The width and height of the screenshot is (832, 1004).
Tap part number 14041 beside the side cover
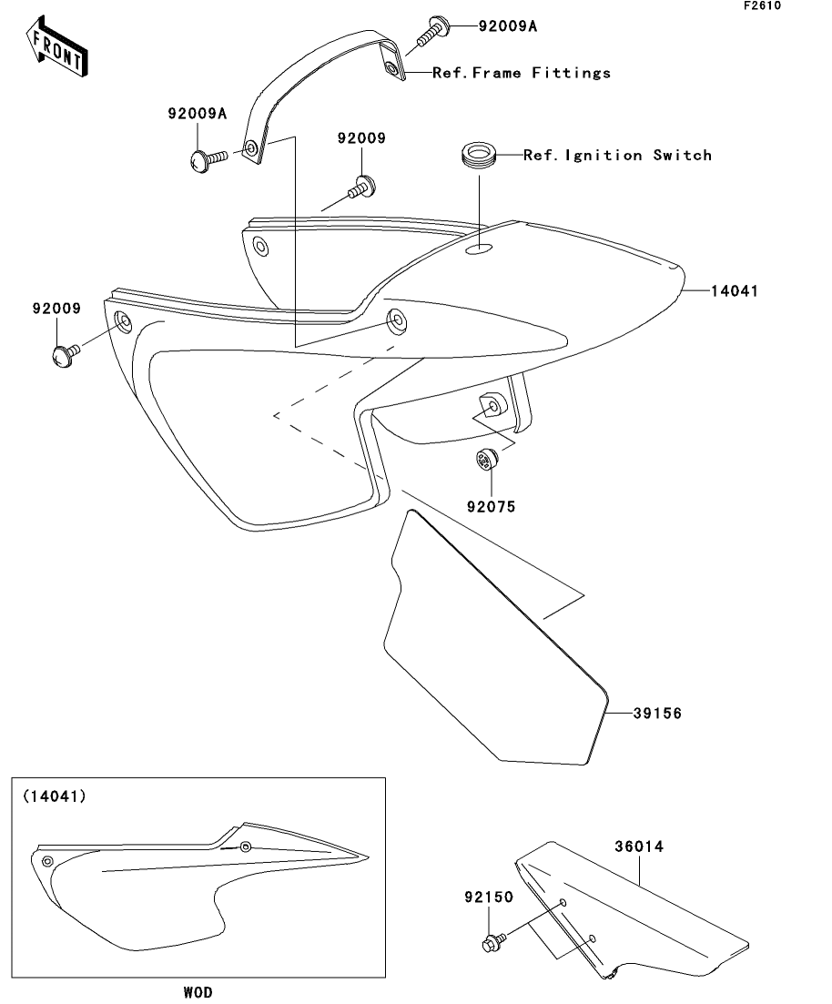(x=736, y=291)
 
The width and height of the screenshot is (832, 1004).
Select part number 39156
(x=657, y=714)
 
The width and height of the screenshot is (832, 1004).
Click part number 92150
(x=491, y=897)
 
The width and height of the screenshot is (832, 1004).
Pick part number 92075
(x=492, y=507)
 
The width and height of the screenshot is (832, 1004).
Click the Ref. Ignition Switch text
(x=617, y=156)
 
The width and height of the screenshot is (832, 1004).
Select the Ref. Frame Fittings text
(x=522, y=73)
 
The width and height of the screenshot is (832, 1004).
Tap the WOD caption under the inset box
(x=198, y=992)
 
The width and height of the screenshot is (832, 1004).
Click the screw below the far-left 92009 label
(x=64, y=355)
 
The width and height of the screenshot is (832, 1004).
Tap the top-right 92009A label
(x=507, y=26)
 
